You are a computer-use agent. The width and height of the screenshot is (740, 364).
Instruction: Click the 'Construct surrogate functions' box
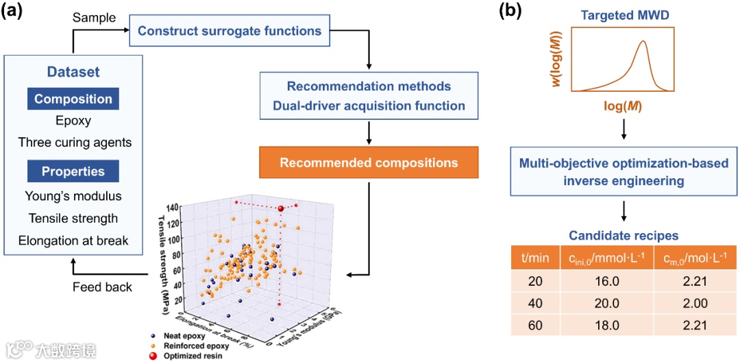coord(230,31)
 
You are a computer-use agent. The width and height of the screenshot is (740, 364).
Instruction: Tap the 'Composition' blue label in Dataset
coord(73,99)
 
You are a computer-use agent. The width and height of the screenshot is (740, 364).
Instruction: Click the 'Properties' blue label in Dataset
coord(73,171)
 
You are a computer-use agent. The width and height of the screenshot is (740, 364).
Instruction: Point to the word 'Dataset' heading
coord(73,71)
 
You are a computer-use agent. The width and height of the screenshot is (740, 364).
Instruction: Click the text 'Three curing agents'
coord(75,143)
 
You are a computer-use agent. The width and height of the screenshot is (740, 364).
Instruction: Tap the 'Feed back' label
coord(102,287)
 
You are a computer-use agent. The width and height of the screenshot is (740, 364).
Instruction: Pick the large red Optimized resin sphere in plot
coord(281,208)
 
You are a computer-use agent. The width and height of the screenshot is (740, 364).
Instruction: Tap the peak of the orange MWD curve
coord(643,42)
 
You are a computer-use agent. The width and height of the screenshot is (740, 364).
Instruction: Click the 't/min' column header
coord(536,258)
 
